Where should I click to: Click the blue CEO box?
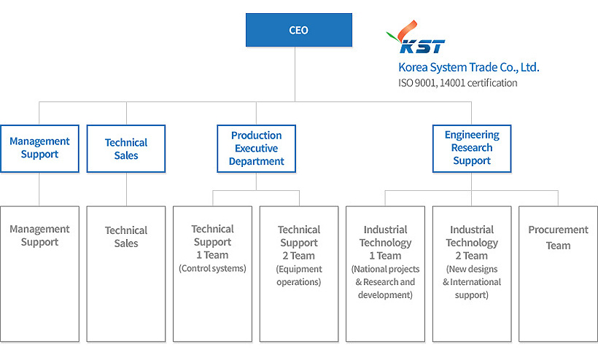coord(299,31)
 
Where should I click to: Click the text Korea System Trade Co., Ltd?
coord(468,67)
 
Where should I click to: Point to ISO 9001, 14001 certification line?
coord(457,83)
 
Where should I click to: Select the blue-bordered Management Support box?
coord(39,149)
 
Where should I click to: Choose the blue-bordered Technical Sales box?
coord(126,149)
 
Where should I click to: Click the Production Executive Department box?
coord(256,149)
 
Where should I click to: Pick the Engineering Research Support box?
coord(472,149)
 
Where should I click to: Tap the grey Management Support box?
coord(39,274)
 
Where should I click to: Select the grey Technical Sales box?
coord(126,274)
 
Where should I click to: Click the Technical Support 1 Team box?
coord(212,274)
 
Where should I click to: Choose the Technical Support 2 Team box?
coord(299,274)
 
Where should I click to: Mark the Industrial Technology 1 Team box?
coord(385,274)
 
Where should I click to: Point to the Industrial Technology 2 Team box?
coord(472,274)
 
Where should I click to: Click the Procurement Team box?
coord(558,274)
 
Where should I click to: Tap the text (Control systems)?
coord(212,268)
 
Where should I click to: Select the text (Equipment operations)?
coord(299,275)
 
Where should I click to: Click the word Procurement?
coord(558,230)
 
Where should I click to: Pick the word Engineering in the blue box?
coord(472,135)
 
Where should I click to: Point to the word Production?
coord(256,136)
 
